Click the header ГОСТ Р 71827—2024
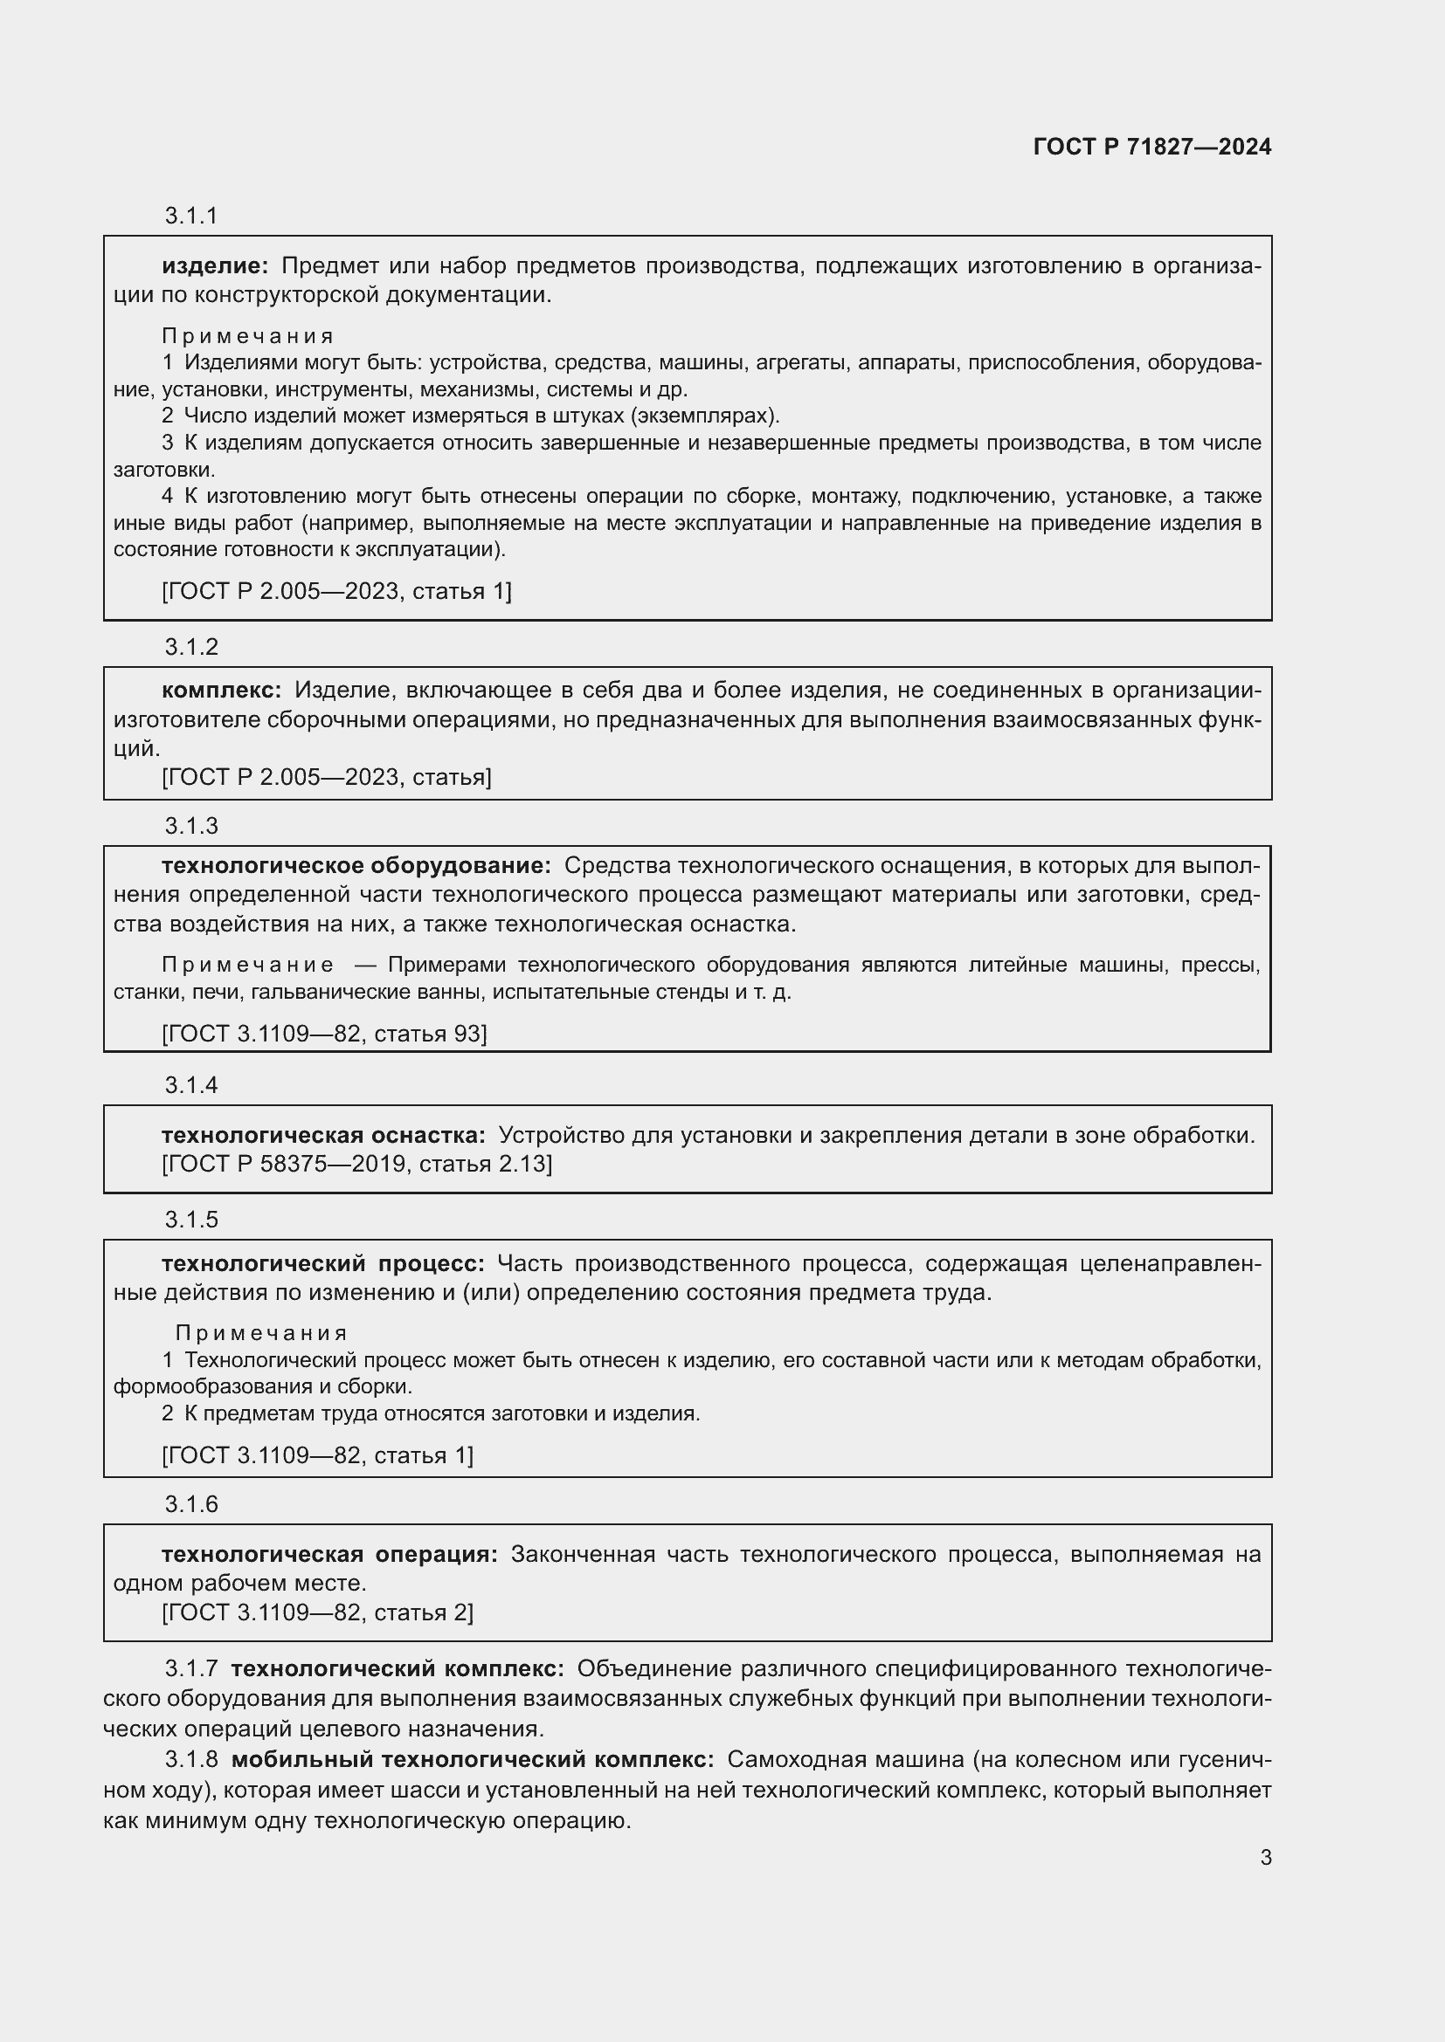pyautogui.click(x=1152, y=148)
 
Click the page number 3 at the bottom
pyautogui.click(x=1265, y=1858)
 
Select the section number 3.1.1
pyautogui.click(x=191, y=217)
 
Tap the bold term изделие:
pyautogui.click(x=214, y=266)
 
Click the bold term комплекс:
pyautogui.click(x=221, y=691)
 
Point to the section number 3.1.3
pyautogui.click(x=191, y=826)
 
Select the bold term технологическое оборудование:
pyautogui.click(x=356, y=866)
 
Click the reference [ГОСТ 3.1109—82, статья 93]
pyautogui.click(x=324, y=1034)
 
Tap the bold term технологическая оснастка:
pyautogui.click(x=323, y=1136)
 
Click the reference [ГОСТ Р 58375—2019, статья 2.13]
pyautogui.click(x=356, y=1165)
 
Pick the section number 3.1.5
pyautogui.click(x=191, y=1220)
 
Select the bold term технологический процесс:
pyautogui.click(x=322, y=1264)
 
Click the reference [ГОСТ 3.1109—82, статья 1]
pyautogui.click(x=318, y=1456)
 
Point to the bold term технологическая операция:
pyautogui.click(x=329, y=1555)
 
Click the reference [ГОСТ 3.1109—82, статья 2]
pyautogui.click(x=318, y=1612)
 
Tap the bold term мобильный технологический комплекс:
pyautogui.click(x=473, y=1760)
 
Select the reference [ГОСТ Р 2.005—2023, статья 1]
pyautogui.click(x=336, y=591)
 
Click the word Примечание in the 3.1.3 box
pyautogui.click(x=248, y=965)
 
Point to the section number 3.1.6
pyautogui.click(x=191, y=1505)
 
